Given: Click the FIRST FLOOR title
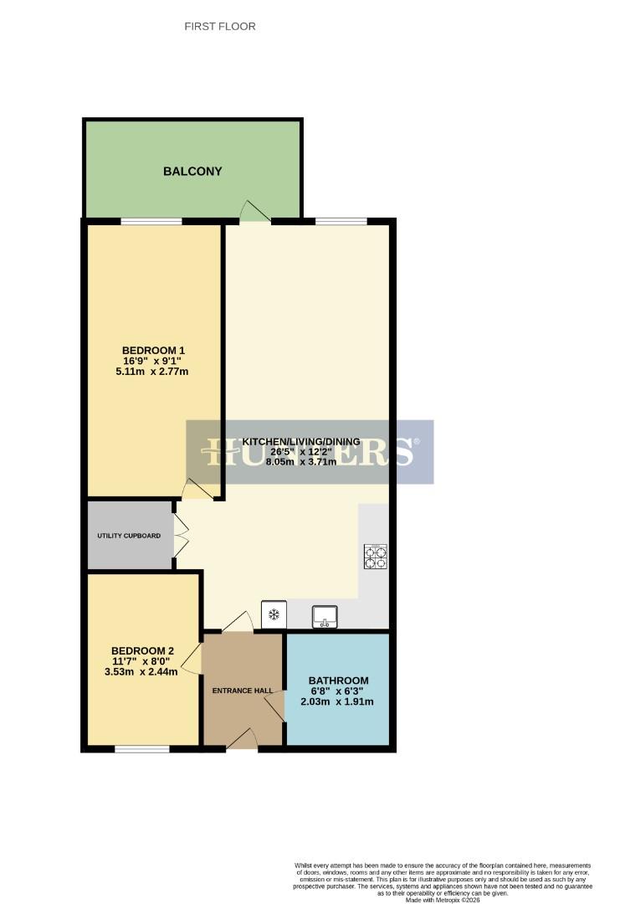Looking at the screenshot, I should pyautogui.click(x=219, y=27).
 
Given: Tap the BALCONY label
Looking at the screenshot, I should pyautogui.click(x=192, y=172).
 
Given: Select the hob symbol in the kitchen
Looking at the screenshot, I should pyautogui.click(x=375, y=557).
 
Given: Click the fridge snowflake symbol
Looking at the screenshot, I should pyautogui.click(x=273, y=615).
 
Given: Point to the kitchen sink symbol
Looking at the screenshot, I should pyautogui.click(x=323, y=616).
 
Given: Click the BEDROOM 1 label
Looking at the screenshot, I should pyautogui.click(x=153, y=350).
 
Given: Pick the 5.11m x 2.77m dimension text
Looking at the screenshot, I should pyautogui.click(x=153, y=372).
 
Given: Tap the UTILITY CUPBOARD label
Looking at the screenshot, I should pyautogui.click(x=129, y=535).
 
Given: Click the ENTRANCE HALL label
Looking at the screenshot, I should pyautogui.click(x=243, y=691).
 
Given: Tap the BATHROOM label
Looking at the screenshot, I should pyautogui.click(x=338, y=681).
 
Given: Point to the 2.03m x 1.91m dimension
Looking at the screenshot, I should pyautogui.click(x=338, y=702).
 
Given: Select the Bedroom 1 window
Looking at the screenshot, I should pyautogui.click(x=151, y=221).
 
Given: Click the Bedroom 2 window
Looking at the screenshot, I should pyautogui.click(x=141, y=748).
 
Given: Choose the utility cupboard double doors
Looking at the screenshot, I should pyautogui.click(x=180, y=536).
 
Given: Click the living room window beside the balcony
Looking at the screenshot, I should pyautogui.click(x=341, y=221).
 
